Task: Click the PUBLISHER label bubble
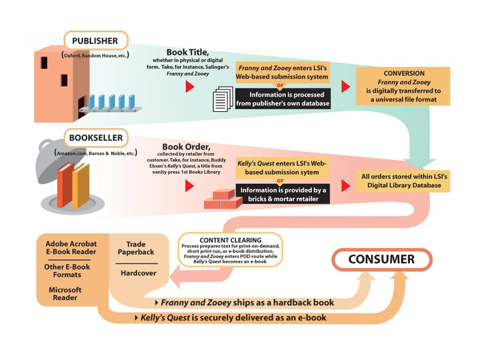[96, 41]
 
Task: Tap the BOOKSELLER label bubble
[96, 138]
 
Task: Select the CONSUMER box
[382, 259]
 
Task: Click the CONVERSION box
[403, 86]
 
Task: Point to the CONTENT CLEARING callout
[231, 250]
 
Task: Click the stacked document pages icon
[223, 99]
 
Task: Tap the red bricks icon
[223, 199]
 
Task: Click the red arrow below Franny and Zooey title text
[190, 87]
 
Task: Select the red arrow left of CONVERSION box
[346, 87]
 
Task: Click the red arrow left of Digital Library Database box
[346, 186]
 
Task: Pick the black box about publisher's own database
[283, 99]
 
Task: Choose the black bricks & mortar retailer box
[283, 194]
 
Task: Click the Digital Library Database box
[403, 181]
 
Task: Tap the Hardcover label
[138, 273]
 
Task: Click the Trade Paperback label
[136, 248]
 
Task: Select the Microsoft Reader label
[65, 293]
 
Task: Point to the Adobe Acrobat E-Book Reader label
[71, 248]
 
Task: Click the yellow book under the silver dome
[81, 186]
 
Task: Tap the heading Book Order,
[186, 147]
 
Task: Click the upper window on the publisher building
[44, 63]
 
